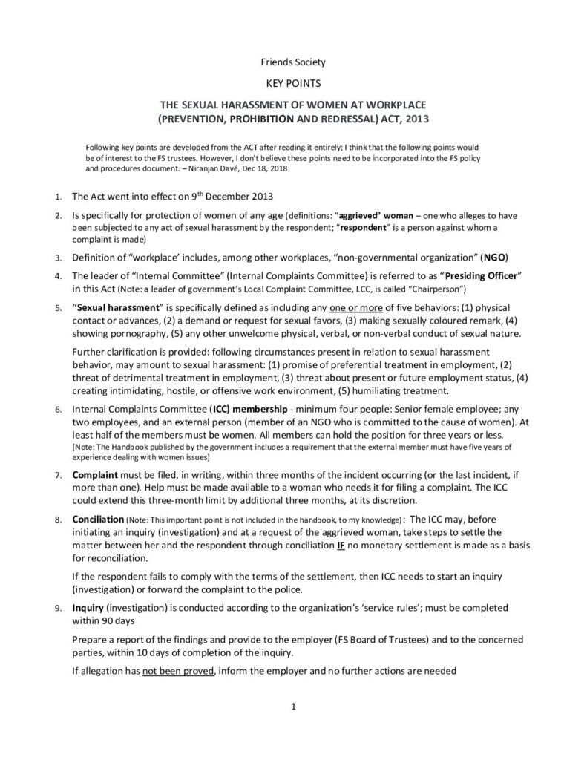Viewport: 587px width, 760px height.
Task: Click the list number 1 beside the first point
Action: (x=59, y=198)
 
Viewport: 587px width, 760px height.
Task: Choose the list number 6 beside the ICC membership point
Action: (x=59, y=409)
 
